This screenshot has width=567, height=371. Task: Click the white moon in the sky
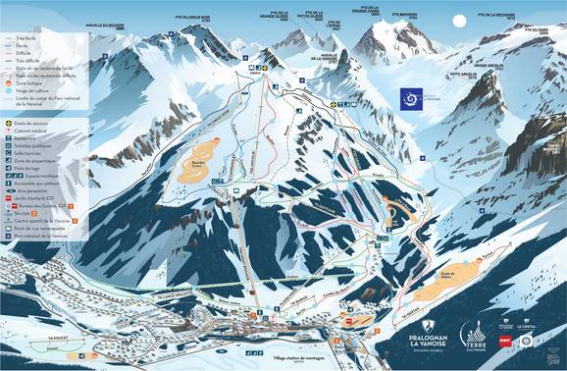[458, 21]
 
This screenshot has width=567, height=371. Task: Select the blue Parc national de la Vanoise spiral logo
[409, 98]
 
